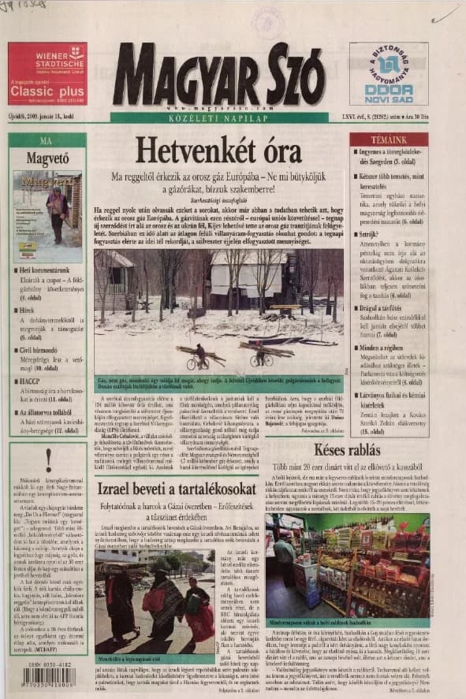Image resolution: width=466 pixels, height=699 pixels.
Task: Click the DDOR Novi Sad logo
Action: [389, 88]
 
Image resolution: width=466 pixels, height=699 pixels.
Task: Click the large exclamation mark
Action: [48, 459]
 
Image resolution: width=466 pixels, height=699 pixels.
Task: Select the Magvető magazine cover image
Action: [47, 216]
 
